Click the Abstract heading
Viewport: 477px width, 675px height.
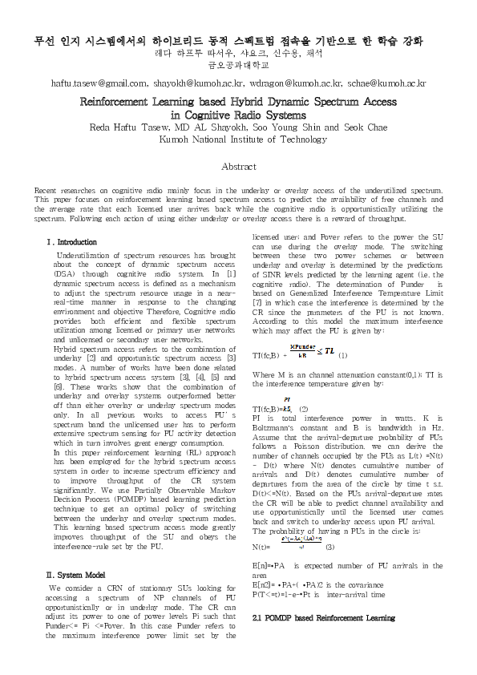click(x=238, y=167)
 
